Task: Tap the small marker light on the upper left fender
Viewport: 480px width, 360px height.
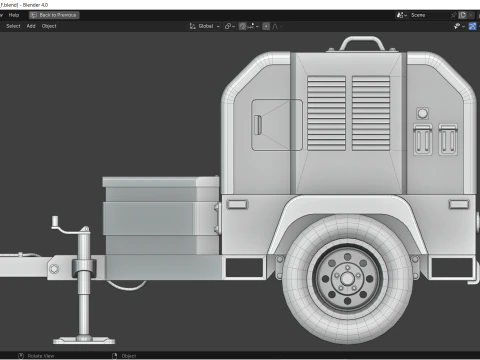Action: [237, 204]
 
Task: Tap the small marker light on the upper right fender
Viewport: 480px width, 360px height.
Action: [458, 204]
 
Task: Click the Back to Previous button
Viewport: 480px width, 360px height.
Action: [54, 15]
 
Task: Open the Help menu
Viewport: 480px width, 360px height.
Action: [14, 15]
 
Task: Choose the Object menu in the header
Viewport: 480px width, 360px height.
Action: [49, 26]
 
